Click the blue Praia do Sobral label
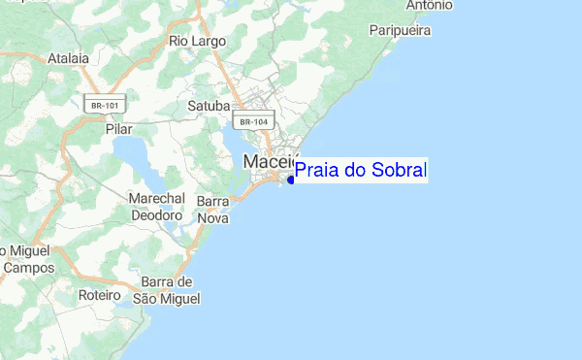pyautogui.click(x=360, y=171)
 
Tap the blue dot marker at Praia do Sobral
pyautogui.click(x=291, y=180)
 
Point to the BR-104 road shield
pyautogui.click(x=252, y=121)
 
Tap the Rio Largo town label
pyautogui.click(x=197, y=42)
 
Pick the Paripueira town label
pyautogui.click(x=400, y=31)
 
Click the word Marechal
pyautogui.click(x=156, y=198)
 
